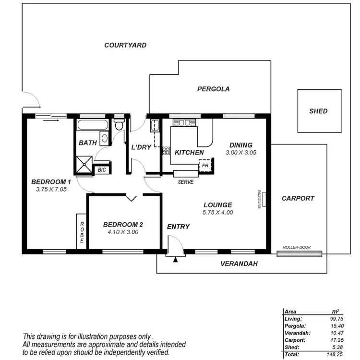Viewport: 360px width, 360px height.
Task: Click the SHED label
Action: coord(318,111)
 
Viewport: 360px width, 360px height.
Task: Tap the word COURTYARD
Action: coord(125,45)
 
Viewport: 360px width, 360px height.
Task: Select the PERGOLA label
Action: coord(213,89)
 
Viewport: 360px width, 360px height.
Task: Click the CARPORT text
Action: coord(298,198)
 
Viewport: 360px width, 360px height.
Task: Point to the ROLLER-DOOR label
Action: coord(297,248)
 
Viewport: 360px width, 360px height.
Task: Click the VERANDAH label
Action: coord(239,264)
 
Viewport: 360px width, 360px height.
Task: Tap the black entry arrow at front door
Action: coord(175,260)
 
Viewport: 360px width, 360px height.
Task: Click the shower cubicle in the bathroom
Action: coord(85,164)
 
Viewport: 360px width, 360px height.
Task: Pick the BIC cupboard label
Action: coord(102,169)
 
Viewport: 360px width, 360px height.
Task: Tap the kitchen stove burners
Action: coord(166,150)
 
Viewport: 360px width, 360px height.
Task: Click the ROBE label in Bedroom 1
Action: coord(82,232)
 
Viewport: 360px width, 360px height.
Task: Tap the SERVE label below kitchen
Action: coord(185,182)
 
